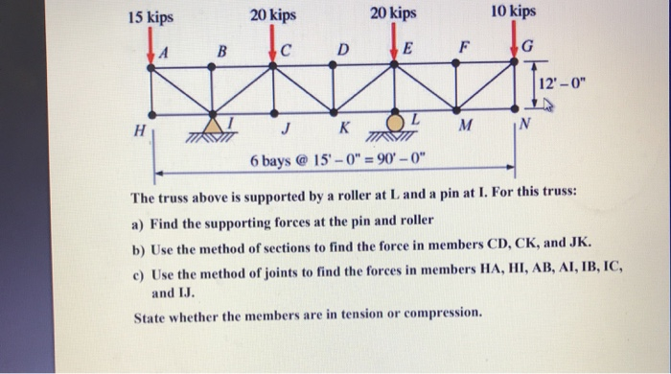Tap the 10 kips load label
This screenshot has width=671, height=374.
pos(513,12)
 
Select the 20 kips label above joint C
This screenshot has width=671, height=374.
pos(273,15)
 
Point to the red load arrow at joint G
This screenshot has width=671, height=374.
pos(515,40)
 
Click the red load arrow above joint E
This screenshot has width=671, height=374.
pos(396,42)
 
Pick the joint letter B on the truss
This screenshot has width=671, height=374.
pos(221,51)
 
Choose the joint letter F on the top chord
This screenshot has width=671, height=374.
pos(465,45)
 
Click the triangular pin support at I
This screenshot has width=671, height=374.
pos(214,126)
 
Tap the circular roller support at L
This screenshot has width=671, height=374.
pos(395,123)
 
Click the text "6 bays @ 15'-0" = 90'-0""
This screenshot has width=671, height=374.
pos(335,158)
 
